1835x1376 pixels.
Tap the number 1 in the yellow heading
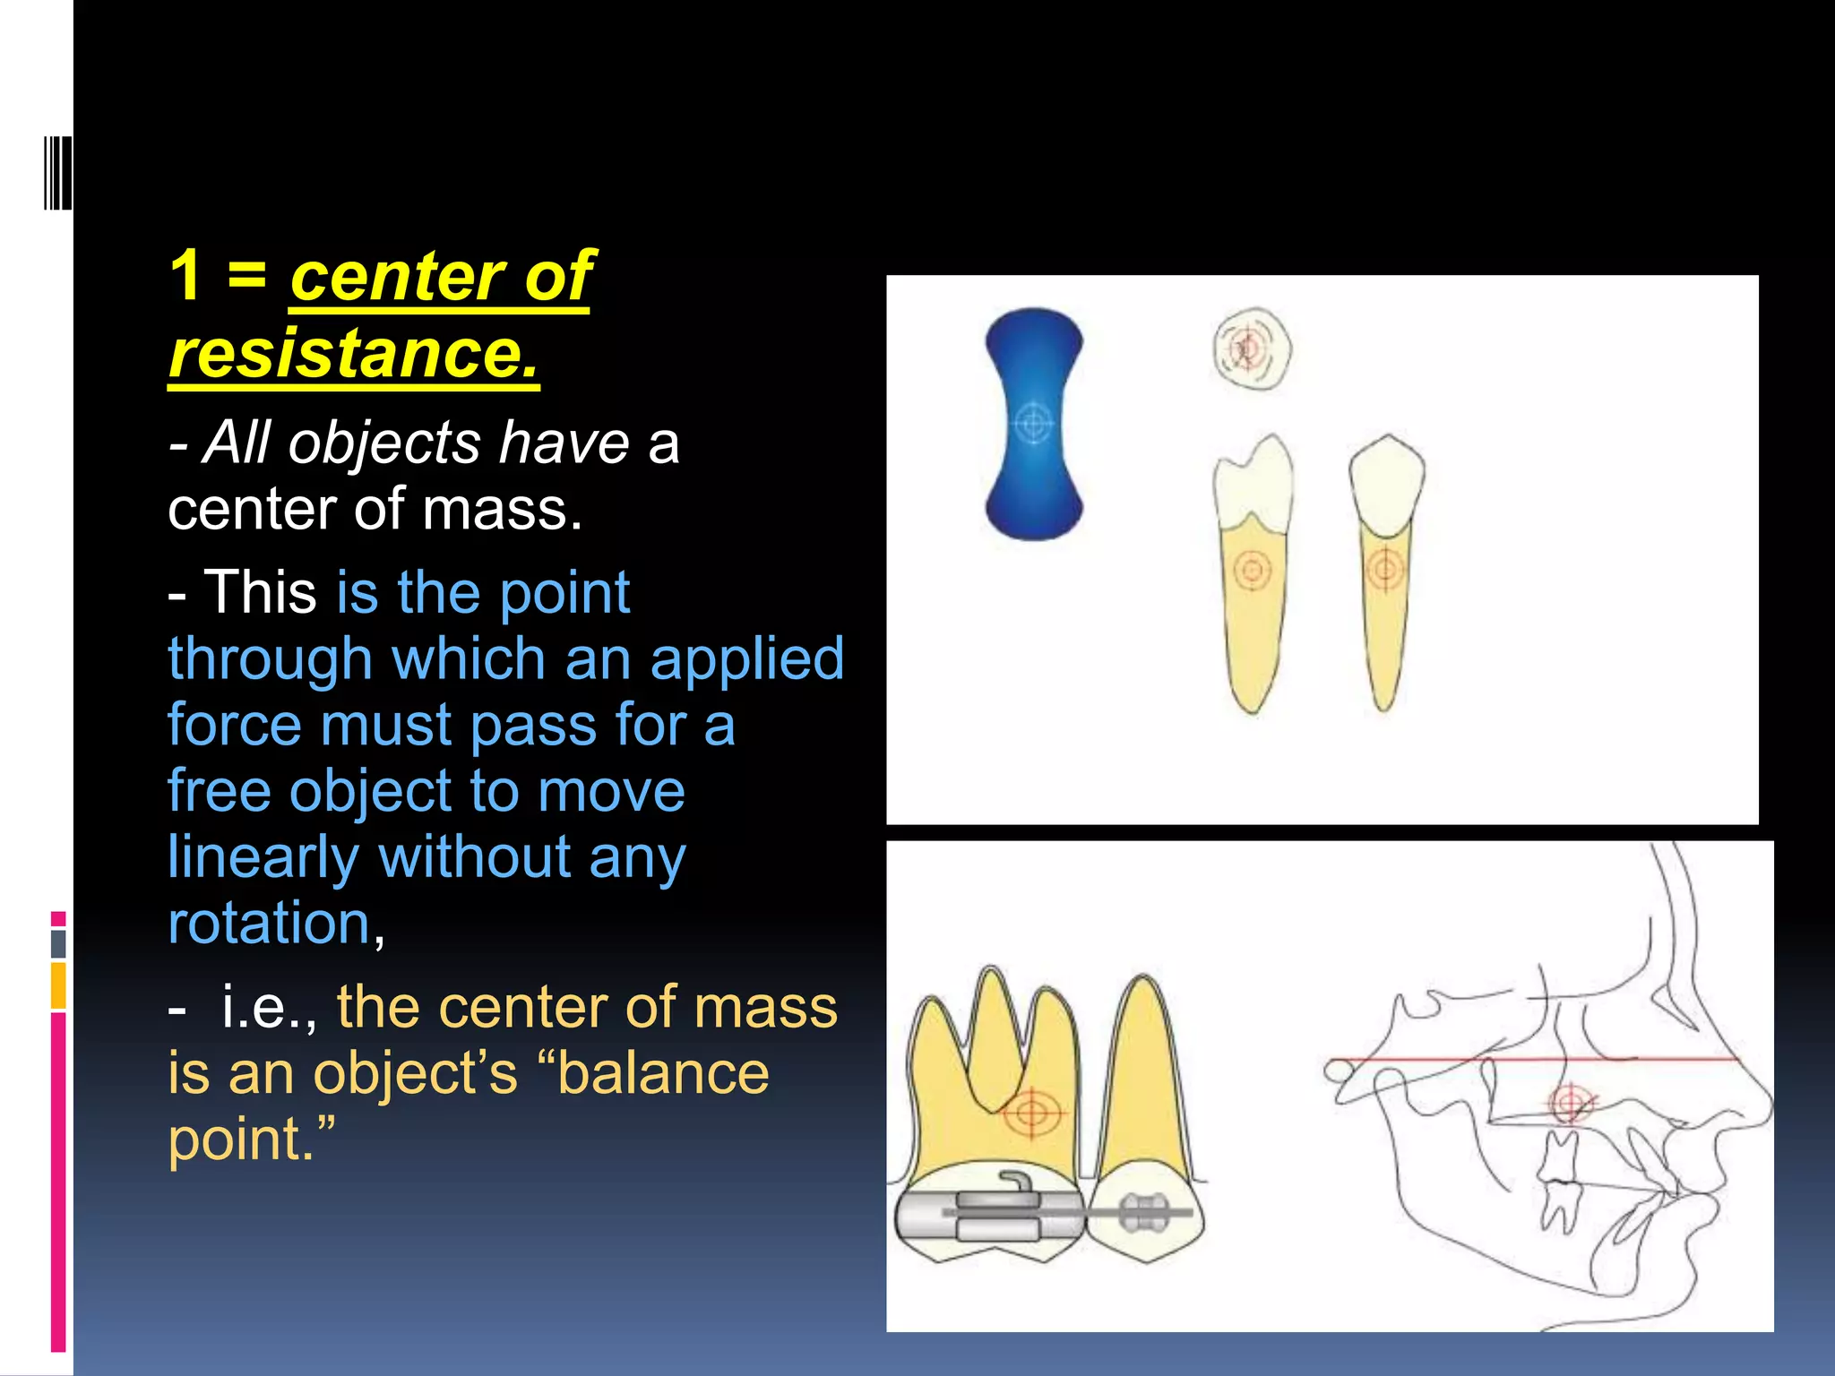[x=186, y=275]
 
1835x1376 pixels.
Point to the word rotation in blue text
[x=269, y=923]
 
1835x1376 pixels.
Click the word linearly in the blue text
[x=263, y=857]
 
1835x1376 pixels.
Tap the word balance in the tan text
[x=663, y=1073]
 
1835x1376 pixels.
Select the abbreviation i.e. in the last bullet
[x=267, y=1008]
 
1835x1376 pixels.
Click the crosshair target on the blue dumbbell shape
[x=1034, y=422]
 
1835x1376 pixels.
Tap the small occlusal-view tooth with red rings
[x=1252, y=349]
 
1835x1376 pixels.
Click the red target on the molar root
[x=1252, y=570]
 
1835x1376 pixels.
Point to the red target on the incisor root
[x=1385, y=568]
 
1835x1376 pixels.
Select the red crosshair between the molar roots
[x=1031, y=1114]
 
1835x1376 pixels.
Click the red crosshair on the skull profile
[x=1569, y=1103]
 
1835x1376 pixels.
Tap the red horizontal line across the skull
[x=1478, y=1061]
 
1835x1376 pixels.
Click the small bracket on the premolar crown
[x=1145, y=1213]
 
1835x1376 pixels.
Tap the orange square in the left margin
[x=58, y=985]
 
